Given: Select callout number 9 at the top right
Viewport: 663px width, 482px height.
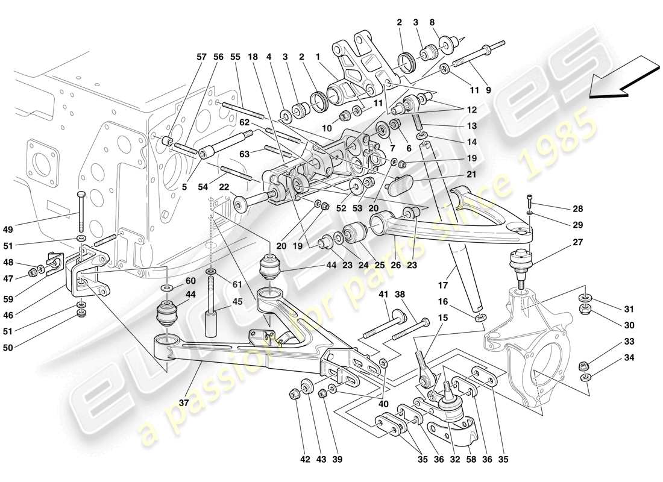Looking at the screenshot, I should click(488, 90).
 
